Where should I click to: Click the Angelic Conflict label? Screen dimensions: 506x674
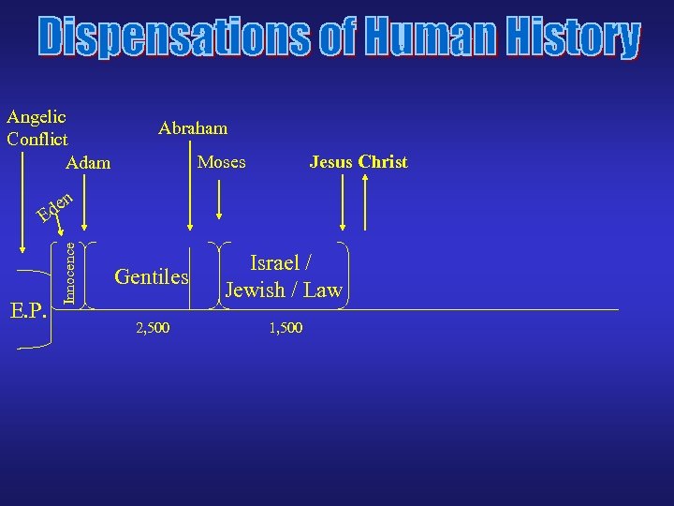tap(37, 128)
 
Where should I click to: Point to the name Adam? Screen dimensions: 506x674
tap(89, 163)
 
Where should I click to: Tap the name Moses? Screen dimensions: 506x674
tap(222, 162)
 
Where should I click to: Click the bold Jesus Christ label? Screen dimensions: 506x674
tap(359, 162)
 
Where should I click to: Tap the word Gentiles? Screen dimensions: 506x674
tap(152, 276)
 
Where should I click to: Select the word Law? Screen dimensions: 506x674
tap(322, 290)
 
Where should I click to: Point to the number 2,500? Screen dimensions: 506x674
tap(154, 329)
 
